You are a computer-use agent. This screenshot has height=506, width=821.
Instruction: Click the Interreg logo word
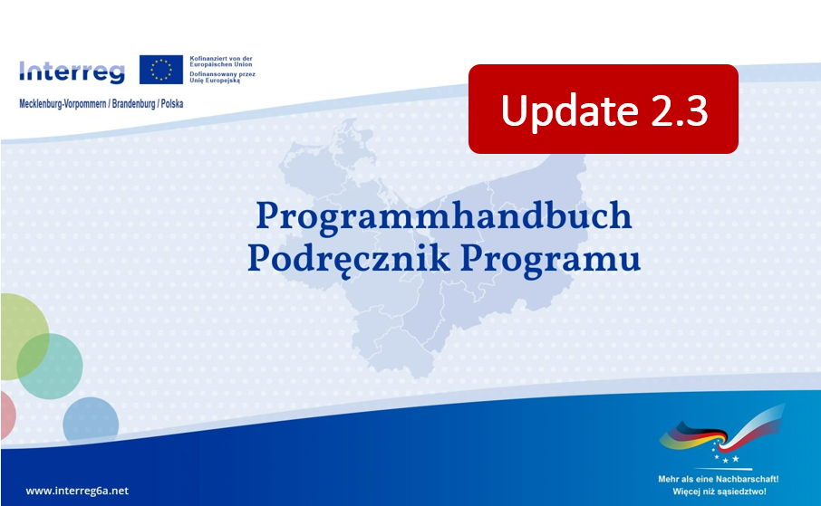point(72,72)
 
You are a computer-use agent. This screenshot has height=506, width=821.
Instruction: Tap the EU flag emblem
point(160,70)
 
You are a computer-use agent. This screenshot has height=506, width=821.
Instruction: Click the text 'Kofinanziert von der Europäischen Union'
point(221,62)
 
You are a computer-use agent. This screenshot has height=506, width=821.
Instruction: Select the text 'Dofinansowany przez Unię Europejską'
point(223,78)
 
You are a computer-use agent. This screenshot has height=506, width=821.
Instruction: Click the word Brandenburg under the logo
point(133,103)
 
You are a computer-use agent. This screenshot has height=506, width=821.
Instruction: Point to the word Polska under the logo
point(172,103)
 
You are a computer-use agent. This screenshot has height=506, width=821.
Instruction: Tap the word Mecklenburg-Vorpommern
point(63,103)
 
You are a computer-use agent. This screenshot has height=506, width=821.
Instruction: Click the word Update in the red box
point(569,110)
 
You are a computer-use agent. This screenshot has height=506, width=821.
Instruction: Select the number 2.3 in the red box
point(680,110)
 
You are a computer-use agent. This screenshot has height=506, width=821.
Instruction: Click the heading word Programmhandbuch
point(444,215)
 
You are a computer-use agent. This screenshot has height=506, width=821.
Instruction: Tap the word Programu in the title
point(550,258)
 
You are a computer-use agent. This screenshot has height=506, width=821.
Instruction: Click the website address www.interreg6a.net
point(77,491)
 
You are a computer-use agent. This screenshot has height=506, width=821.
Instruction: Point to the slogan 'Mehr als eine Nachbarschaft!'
point(719,479)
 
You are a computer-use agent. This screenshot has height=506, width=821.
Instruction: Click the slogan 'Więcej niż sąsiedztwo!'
point(720,492)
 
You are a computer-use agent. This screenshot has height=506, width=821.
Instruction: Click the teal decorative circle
point(50,367)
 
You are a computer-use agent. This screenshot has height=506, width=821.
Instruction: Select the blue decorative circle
point(91,422)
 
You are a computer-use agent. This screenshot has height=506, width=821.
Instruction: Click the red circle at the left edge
point(7,415)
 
